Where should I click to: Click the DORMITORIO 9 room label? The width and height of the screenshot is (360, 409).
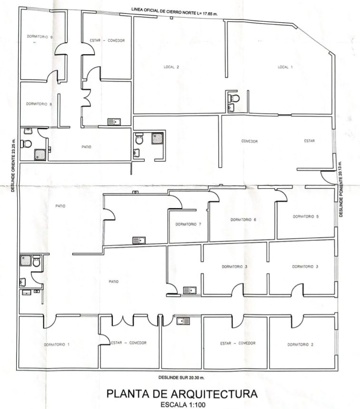click(x=39, y=37)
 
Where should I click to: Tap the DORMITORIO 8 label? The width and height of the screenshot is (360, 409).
click(x=39, y=104)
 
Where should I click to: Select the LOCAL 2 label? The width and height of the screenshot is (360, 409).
click(x=171, y=67)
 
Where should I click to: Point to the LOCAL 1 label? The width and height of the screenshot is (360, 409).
click(x=285, y=67)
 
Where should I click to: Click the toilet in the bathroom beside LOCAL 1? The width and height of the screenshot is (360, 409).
click(x=234, y=99)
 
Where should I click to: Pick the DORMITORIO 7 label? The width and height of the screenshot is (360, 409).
click(x=188, y=224)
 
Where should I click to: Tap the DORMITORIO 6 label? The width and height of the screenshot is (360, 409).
click(x=243, y=219)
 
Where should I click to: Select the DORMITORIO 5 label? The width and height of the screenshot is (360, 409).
click(x=306, y=217)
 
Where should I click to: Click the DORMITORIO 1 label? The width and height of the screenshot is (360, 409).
click(x=57, y=344)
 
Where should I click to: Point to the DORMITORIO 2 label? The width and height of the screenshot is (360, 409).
click(x=300, y=344)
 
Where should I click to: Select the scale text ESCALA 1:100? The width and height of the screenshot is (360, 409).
click(x=183, y=405)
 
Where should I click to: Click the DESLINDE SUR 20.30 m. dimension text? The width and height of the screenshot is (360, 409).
click(x=182, y=378)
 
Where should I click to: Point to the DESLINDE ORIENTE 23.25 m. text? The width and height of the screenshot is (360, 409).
click(x=13, y=165)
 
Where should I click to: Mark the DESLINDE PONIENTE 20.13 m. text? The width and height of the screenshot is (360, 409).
click(x=341, y=190)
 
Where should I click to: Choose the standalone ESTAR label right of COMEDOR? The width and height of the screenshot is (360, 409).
click(x=310, y=141)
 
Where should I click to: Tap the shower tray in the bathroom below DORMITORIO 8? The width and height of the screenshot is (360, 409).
click(x=40, y=155)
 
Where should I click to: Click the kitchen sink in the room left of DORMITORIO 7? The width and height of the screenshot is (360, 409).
click(x=139, y=240)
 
